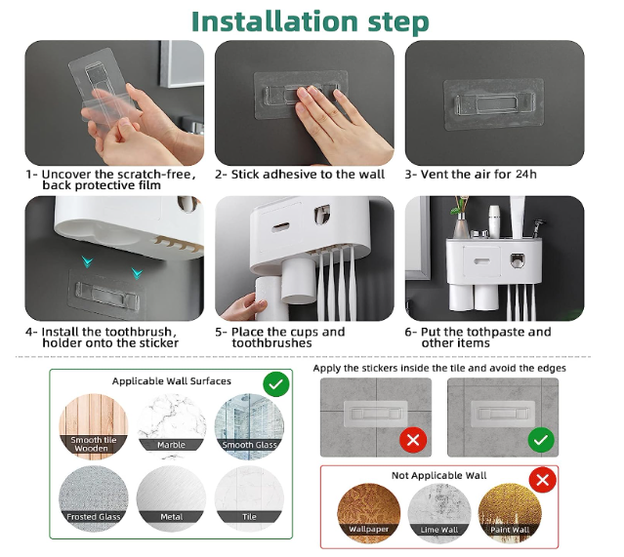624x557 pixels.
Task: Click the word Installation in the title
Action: pyautogui.click(x=274, y=21)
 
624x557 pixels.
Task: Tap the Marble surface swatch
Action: pyautogui.click(x=171, y=426)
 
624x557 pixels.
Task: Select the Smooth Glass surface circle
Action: pyautogui.click(x=249, y=426)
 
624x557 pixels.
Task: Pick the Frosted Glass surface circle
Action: pyautogui.click(x=94, y=498)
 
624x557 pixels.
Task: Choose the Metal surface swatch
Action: pyautogui.click(x=171, y=498)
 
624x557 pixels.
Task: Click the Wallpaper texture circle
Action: pyautogui.click(x=368, y=513)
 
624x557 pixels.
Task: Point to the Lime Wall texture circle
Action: pyautogui.click(x=439, y=513)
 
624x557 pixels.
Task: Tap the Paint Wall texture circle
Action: pyautogui.click(x=510, y=513)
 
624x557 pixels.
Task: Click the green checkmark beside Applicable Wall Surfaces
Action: pyautogui.click(x=276, y=384)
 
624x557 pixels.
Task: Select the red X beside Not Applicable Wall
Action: pyautogui.click(x=543, y=480)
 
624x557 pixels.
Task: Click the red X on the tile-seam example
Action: pyautogui.click(x=413, y=440)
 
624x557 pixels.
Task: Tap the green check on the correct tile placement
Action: pyautogui.click(x=541, y=440)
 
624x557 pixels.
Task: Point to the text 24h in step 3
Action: pyautogui.click(x=526, y=175)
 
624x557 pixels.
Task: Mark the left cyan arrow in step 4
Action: pyautogui.click(x=88, y=261)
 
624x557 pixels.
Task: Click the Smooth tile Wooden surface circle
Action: pyautogui.click(x=94, y=426)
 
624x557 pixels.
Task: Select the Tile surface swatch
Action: pyautogui.click(x=249, y=498)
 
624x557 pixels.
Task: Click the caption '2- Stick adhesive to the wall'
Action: pyautogui.click(x=300, y=175)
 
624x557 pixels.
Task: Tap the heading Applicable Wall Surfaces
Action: pyautogui.click(x=172, y=381)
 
